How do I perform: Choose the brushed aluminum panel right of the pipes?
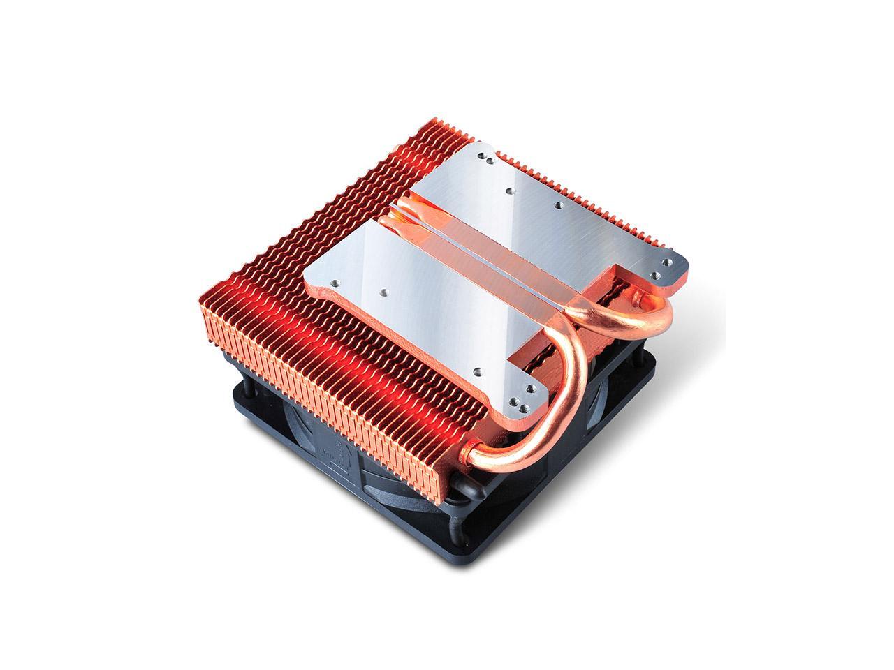point(552,202)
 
